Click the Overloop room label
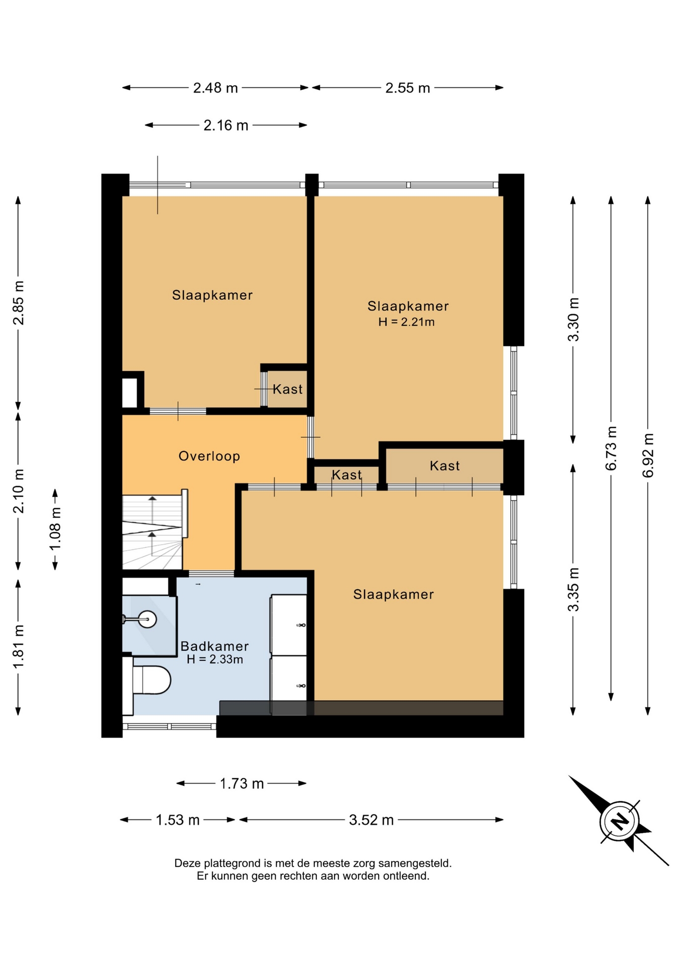coord(209,456)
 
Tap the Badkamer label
coord(214,646)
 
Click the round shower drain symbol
coord(148,619)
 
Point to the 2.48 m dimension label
coord(215,88)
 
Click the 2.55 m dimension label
coord(407,88)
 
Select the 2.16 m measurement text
coord(225,125)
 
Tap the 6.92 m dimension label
coord(648,455)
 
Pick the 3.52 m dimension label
coord(371,820)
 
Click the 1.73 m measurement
coord(242,783)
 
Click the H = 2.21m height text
coord(406,322)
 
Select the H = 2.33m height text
coord(214,659)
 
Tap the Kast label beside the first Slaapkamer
coord(288,389)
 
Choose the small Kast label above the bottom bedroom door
coord(347,474)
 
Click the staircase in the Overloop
coord(152,532)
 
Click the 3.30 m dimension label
coord(573,319)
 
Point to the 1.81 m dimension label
coord(19,647)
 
